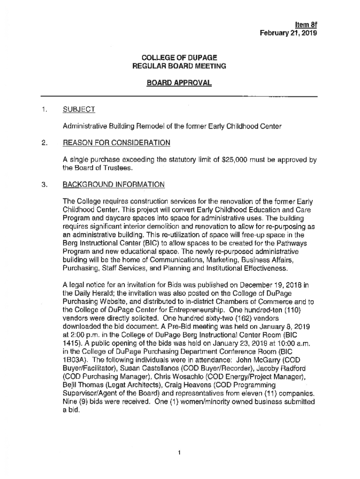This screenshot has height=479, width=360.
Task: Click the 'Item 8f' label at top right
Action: (306, 24)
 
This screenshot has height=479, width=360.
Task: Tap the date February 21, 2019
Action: (289, 33)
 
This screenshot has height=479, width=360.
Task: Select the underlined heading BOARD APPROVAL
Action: (179, 83)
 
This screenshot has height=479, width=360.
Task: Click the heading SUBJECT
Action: (79, 109)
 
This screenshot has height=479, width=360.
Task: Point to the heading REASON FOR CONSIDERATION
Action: (116, 142)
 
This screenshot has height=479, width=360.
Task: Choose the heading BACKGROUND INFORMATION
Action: (113, 184)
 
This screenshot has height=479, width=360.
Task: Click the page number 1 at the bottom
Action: (180, 452)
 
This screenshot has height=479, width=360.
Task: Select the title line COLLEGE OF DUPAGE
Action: (179, 58)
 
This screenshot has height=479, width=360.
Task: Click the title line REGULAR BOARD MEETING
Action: (179, 66)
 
